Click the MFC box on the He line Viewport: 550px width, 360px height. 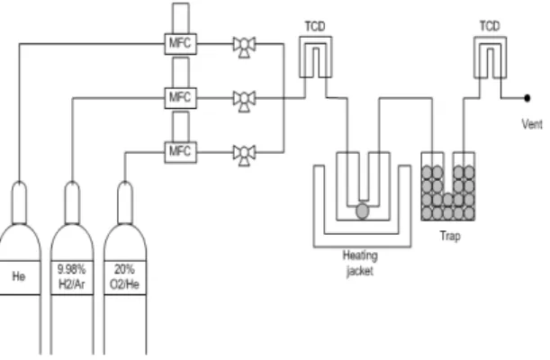pyautogui.click(x=181, y=44)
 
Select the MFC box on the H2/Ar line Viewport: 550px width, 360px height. pyautogui.click(x=181, y=98)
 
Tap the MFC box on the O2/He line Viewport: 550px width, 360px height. pyautogui.click(x=181, y=152)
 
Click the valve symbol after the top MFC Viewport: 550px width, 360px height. pyautogui.click(x=245, y=47)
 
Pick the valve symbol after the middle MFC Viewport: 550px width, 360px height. pyautogui.click(x=245, y=101)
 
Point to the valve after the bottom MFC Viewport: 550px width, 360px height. pyautogui.click(x=245, y=155)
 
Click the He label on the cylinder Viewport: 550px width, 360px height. pyautogui.click(x=19, y=276)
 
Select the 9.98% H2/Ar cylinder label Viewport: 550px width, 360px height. pyautogui.click(x=72, y=276)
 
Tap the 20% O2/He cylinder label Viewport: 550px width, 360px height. pyautogui.click(x=125, y=276)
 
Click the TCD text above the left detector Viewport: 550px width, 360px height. pyautogui.click(x=315, y=26)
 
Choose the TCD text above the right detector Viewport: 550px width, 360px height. pyautogui.click(x=490, y=26)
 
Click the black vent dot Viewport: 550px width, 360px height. pyautogui.click(x=527, y=98)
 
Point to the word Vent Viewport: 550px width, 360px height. pyautogui.click(x=532, y=124)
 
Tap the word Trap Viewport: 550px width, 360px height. pyautogui.click(x=450, y=236)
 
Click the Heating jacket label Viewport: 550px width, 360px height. pyautogui.click(x=360, y=263)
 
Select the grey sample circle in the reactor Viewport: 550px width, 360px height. pyautogui.click(x=363, y=211)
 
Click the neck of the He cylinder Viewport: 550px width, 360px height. pyautogui.click(x=19, y=202)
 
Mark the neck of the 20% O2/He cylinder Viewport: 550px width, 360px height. pyautogui.click(x=125, y=202)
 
